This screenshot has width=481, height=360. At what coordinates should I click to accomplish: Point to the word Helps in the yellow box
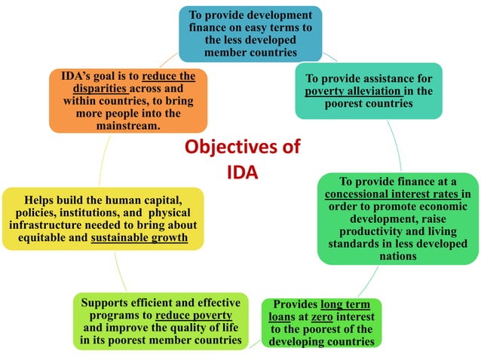pyautogui.click(x=41, y=200)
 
